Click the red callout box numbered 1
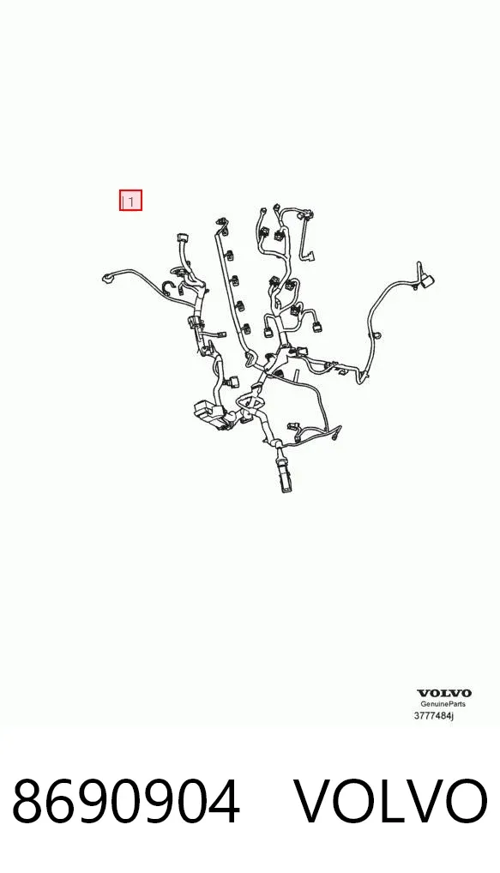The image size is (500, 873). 131,201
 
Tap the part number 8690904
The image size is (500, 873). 126,802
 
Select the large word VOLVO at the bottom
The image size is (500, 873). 390,802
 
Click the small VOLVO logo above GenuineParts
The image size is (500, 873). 443,693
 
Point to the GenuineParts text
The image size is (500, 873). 443,704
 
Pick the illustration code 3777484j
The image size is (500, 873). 434,715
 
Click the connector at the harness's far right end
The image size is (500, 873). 426,280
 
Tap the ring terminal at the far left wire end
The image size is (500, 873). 105,277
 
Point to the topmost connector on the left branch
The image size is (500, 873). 181,238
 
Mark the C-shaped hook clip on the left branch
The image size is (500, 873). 165,287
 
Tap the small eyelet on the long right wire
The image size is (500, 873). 377,335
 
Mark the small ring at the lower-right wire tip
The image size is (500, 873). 335,437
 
